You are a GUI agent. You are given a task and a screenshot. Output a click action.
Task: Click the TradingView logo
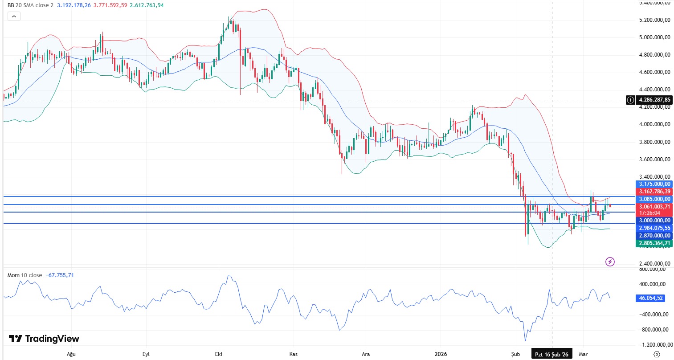[44, 339]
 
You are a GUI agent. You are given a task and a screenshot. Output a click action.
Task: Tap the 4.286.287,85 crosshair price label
[654, 100]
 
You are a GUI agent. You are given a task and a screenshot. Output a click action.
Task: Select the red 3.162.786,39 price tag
[654, 192]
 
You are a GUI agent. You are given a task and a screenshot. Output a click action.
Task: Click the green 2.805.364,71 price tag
[654, 243]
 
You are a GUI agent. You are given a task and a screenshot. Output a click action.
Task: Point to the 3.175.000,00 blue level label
[654, 184]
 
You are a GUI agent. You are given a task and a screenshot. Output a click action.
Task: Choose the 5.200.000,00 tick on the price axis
[654, 20]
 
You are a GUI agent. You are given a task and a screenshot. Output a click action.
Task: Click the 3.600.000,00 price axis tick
[654, 160]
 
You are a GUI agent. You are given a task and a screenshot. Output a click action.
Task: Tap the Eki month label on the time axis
[218, 354]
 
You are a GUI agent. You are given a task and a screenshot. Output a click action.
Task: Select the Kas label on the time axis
[293, 354]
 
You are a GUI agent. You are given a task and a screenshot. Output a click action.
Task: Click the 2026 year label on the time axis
[440, 354]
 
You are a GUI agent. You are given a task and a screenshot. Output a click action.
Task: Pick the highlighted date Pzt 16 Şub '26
[551, 354]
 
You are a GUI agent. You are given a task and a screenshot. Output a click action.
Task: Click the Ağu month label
[71, 354]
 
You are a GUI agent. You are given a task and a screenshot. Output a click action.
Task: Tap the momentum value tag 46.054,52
[651, 298]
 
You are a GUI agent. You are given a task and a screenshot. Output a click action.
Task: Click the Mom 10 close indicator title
[25, 275]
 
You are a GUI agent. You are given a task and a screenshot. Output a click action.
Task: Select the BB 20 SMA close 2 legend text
[30, 5]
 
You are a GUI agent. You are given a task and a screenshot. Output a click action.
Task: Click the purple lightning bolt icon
[610, 262]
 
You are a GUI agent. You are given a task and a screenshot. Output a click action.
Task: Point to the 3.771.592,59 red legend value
[110, 5]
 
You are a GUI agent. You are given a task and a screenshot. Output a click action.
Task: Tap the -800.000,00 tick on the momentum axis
[654, 329]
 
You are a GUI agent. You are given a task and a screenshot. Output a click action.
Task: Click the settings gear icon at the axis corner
[656, 354]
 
